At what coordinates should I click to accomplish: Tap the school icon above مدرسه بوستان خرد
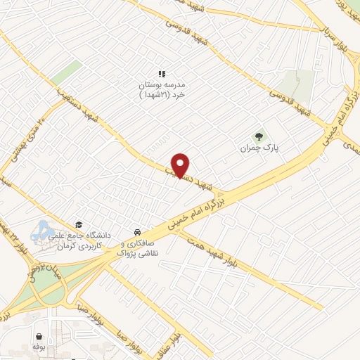click(161, 73)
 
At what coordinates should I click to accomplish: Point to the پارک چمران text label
click(255, 149)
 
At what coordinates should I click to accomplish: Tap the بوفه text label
click(39, 347)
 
